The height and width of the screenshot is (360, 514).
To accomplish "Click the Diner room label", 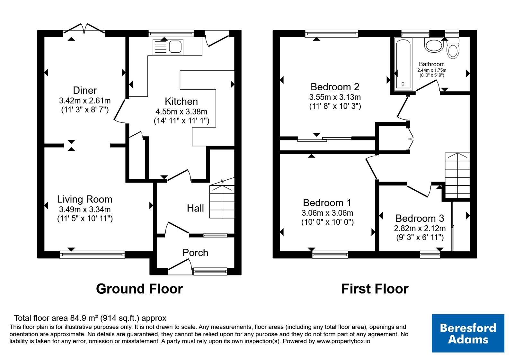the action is coord(85,90).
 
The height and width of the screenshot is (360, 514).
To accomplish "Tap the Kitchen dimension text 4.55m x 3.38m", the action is coord(181,112).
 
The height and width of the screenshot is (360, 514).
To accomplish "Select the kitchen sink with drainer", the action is coord(168,47).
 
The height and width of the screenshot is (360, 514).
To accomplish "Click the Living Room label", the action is coord(85,199).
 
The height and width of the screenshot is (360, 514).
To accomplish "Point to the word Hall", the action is coord(195,208).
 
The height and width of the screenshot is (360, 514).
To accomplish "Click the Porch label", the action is coord(195,253).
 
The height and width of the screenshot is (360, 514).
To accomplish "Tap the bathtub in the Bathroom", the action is coord(403,64).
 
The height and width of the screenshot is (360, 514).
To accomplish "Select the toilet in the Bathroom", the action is coord(453,49).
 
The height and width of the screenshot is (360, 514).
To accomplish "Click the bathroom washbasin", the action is coord(434,45).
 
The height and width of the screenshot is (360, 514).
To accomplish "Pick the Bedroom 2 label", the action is coord(335,87).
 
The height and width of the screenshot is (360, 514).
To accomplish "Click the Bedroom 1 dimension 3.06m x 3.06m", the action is coord(327,213).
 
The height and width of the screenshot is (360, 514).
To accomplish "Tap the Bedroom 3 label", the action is coord(420,218).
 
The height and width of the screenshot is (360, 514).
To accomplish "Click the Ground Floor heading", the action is coord(139,289).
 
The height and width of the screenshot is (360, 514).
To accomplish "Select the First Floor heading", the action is coord(375,289).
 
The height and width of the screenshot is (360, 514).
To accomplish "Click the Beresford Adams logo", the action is coord(468,333).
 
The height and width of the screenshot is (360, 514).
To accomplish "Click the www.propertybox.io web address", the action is coord(343,341).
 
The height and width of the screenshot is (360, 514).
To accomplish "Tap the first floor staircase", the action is coord(457,175).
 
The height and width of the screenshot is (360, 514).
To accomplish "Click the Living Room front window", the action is coord(92,255).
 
